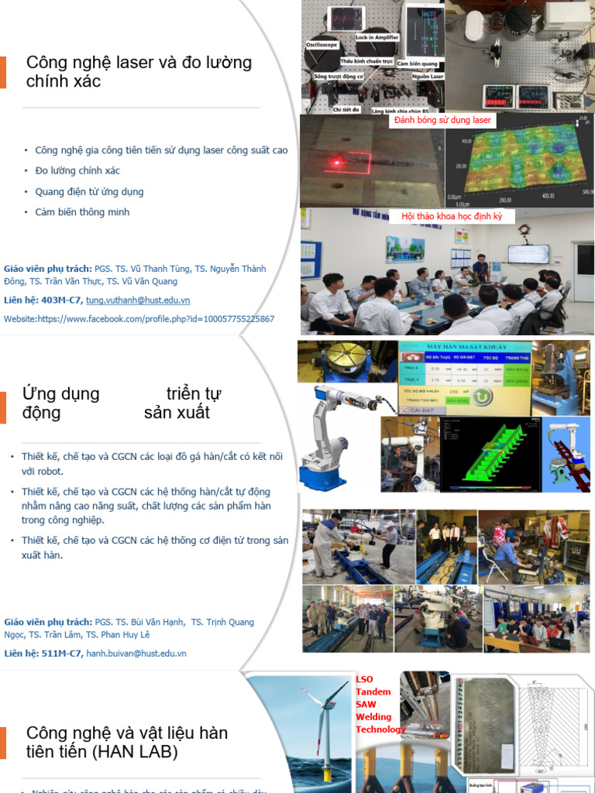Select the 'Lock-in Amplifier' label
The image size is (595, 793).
pyautogui.click(x=377, y=37)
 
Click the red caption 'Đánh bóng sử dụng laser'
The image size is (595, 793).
pyautogui.click(x=442, y=120)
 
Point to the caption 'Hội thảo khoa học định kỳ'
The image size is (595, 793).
pyautogui.click(x=452, y=216)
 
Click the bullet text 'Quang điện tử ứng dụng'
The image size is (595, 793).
pyautogui.click(x=89, y=191)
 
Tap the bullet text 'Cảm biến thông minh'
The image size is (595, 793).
pyautogui.click(x=82, y=212)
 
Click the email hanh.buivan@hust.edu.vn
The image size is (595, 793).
pyautogui.click(x=136, y=653)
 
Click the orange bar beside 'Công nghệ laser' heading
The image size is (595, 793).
pyautogui.click(x=3, y=72)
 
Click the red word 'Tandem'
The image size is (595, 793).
pyautogui.click(x=373, y=692)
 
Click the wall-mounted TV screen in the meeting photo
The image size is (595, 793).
pyautogui.click(x=528, y=253)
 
